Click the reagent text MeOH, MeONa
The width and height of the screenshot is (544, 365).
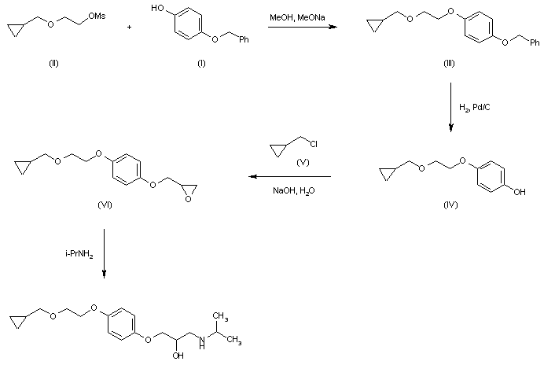point(293,17)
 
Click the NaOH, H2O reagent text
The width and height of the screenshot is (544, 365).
point(290,190)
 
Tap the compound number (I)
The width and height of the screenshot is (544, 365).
point(200,63)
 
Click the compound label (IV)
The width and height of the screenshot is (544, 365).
point(452,205)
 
